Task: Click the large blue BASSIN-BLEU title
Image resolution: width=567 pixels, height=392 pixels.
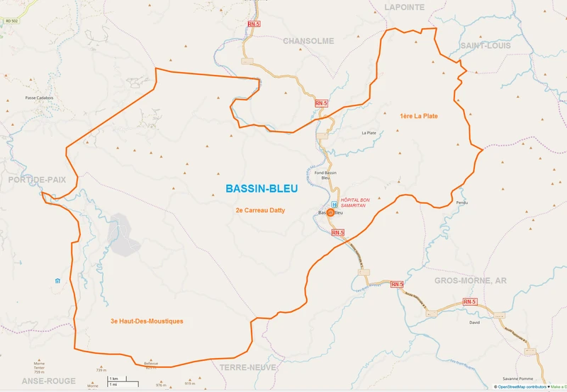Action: [262, 189]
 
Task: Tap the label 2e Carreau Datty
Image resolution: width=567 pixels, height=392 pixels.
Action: [260, 210]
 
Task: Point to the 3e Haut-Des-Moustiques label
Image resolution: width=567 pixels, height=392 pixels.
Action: [147, 321]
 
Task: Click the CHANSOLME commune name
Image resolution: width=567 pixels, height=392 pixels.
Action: [308, 41]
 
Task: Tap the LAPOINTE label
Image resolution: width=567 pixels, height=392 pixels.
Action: [405, 7]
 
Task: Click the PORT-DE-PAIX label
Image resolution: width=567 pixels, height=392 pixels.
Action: [37, 180]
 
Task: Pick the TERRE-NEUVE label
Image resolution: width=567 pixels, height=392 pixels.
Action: [247, 368]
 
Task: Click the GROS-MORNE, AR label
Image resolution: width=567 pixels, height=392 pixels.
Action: [471, 281]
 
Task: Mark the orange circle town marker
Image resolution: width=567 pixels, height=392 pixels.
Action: [330, 212]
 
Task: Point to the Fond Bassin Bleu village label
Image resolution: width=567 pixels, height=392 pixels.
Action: [326, 175]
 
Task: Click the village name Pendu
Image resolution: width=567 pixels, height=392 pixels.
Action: [462, 203]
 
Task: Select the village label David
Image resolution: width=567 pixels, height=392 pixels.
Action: [474, 322]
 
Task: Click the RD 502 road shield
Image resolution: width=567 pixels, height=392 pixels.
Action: [11, 22]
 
